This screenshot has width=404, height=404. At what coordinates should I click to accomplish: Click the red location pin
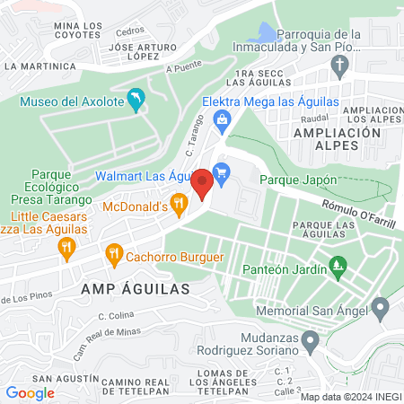point(202,184)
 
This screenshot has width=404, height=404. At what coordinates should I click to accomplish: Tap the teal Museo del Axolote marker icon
point(136,101)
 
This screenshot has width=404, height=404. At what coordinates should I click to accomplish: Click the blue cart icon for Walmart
point(222,169)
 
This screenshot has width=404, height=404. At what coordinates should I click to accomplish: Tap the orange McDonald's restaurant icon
point(180,206)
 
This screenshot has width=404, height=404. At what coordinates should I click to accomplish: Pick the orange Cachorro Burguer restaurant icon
point(113,254)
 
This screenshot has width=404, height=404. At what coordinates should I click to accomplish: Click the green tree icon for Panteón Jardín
point(338,266)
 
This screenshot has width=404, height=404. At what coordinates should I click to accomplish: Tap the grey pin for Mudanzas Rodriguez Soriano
point(311,341)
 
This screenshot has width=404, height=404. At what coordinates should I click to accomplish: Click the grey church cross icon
point(339,65)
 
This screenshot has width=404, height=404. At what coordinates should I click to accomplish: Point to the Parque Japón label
point(298,180)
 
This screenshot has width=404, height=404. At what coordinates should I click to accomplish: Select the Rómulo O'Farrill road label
point(358,213)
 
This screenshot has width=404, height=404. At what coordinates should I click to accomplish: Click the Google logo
point(30,392)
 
